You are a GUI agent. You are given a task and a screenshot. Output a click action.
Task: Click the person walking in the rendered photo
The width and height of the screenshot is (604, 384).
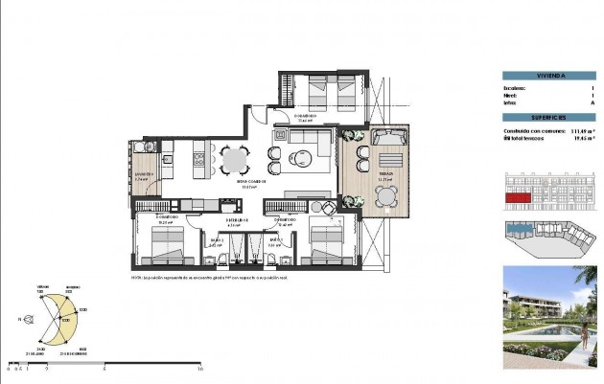pos(586,335)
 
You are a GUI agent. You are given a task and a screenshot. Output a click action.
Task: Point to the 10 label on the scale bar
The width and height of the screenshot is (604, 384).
pos(199,368)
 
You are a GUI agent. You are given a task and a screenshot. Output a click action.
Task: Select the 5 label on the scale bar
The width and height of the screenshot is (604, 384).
pos(104,368)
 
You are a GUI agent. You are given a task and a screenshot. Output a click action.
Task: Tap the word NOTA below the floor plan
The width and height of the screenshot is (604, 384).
pos(137,278)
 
